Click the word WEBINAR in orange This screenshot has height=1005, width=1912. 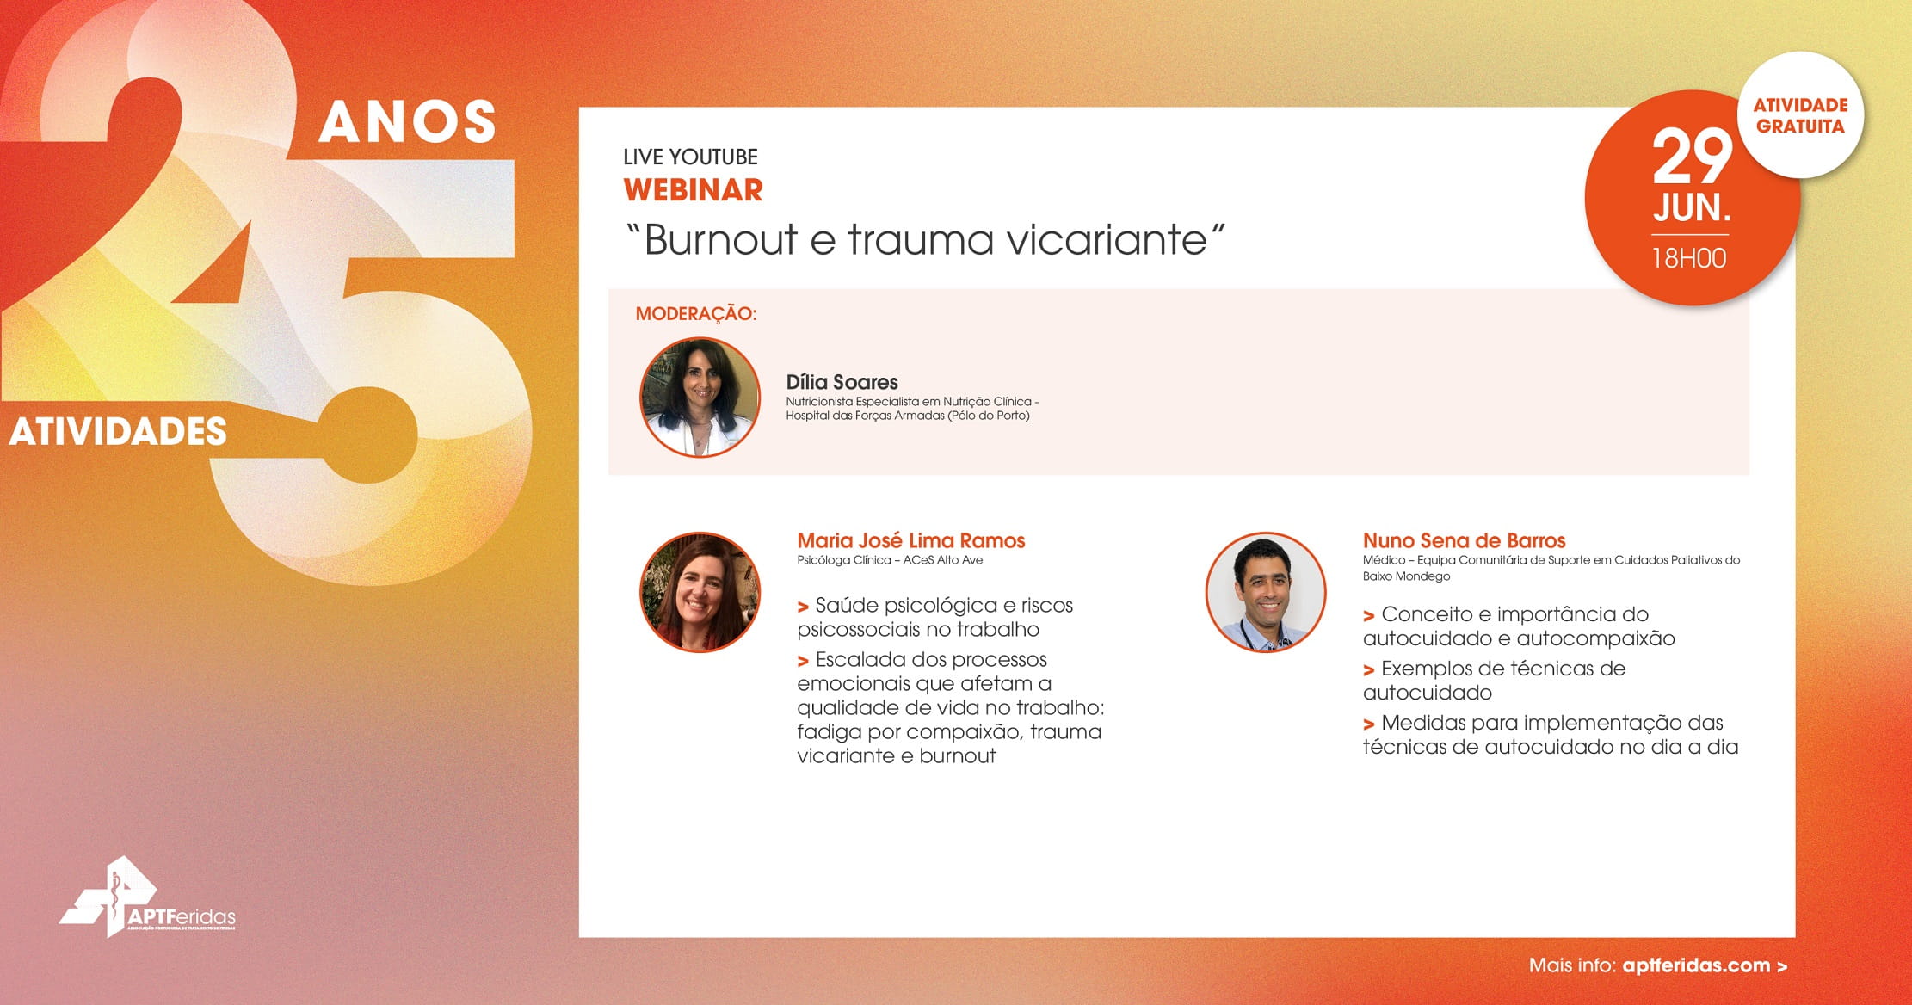[x=693, y=190]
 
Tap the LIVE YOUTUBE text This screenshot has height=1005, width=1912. [x=690, y=157]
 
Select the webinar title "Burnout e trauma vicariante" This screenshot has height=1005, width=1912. [x=926, y=238]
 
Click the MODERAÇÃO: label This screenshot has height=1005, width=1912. [x=696, y=314]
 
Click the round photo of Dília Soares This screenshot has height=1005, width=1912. [x=700, y=397]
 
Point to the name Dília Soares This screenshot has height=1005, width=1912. [x=842, y=382]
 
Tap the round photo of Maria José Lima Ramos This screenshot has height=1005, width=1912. [x=700, y=592]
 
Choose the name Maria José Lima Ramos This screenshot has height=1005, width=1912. [x=910, y=540]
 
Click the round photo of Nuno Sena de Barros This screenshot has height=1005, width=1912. [x=1265, y=592]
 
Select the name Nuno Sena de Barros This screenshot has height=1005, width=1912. [x=1464, y=540]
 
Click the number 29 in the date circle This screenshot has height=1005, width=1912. [x=1692, y=157]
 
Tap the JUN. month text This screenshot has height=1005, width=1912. [x=1692, y=208]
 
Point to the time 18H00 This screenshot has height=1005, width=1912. [x=1689, y=258]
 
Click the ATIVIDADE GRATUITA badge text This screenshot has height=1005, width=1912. [x=1800, y=115]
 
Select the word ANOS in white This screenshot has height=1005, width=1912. [x=408, y=121]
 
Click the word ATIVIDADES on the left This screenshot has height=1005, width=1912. [x=118, y=431]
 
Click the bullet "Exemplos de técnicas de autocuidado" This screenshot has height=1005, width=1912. [x=1495, y=680]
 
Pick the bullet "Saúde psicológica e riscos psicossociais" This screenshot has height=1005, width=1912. [x=935, y=617]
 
